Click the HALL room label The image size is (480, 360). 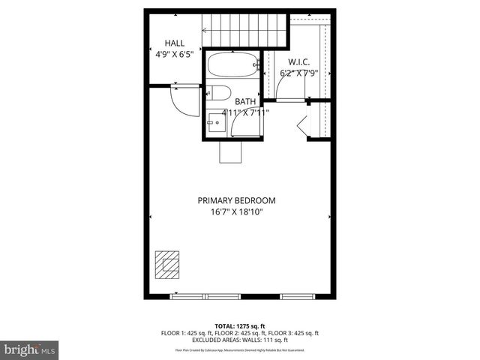pyautogui.click(x=174, y=43)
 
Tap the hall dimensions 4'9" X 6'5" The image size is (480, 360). pyautogui.click(x=174, y=54)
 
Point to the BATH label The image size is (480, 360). pyautogui.click(x=245, y=101)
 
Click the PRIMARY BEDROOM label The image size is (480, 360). pyautogui.click(x=236, y=200)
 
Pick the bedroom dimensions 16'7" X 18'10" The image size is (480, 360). pyautogui.click(x=236, y=211)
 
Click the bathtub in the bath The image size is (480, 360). pyautogui.click(x=232, y=65)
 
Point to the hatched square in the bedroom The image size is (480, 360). pyautogui.click(x=167, y=263)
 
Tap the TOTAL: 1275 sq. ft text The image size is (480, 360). pyautogui.click(x=240, y=326)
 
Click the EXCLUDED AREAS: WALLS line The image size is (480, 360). pyautogui.click(x=240, y=340)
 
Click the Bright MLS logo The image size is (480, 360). pyautogui.click(x=30, y=349)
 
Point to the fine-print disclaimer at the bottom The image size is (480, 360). pyautogui.click(x=240, y=350)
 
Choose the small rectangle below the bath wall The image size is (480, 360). pyautogui.click(x=229, y=152)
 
